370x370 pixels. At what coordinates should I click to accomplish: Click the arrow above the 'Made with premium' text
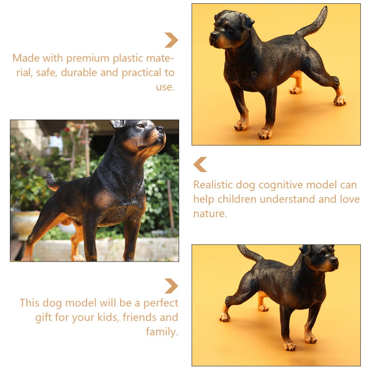[x=171, y=40]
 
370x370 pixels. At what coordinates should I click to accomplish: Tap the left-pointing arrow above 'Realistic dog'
[x=200, y=165]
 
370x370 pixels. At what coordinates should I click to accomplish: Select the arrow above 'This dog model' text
[x=171, y=286]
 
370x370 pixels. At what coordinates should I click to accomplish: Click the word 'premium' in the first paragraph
[x=88, y=59]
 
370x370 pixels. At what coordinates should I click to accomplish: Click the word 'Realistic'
[x=213, y=185]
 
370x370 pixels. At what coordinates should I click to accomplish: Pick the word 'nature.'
[x=210, y=214]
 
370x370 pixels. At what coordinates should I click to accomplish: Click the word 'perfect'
[x=161, y=303]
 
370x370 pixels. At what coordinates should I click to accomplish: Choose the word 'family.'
[x=162, y=332]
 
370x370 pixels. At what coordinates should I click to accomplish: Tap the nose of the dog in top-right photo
[x=214, y=35]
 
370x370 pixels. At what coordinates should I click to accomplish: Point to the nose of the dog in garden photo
[x=161, y=129]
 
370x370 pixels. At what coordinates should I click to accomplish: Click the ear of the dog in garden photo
[x=117, y=124]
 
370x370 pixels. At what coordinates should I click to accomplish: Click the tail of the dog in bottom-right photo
[x=250, y=253]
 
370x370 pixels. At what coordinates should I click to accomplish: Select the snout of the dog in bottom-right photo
[x=332, y=263]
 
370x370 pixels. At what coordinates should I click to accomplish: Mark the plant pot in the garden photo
[x=24, y=224]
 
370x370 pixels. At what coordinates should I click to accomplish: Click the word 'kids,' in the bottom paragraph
[x=108, y=317]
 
